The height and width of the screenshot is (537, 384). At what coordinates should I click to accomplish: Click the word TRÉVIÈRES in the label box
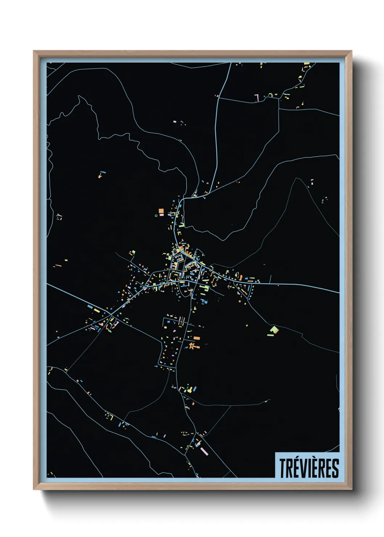point(309,468)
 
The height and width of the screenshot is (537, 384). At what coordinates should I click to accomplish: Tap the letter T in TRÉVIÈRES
point(282,468)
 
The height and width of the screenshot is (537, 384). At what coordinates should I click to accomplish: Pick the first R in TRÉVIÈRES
point(289,468)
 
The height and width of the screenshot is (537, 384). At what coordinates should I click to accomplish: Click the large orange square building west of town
point(161,211)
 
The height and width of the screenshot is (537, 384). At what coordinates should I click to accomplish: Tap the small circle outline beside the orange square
point(156,216)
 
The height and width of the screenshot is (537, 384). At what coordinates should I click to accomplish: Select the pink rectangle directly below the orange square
point(161,215)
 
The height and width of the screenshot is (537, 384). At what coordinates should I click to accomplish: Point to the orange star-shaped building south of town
point(191,346)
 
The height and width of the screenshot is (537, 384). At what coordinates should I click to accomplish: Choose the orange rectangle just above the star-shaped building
point(196,338)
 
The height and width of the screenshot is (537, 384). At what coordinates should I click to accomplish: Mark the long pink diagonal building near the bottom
point(204,451)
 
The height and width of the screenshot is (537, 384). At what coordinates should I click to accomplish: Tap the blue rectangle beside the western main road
point(90,307)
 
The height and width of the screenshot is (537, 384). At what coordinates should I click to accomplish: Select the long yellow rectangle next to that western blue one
point(97,311)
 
